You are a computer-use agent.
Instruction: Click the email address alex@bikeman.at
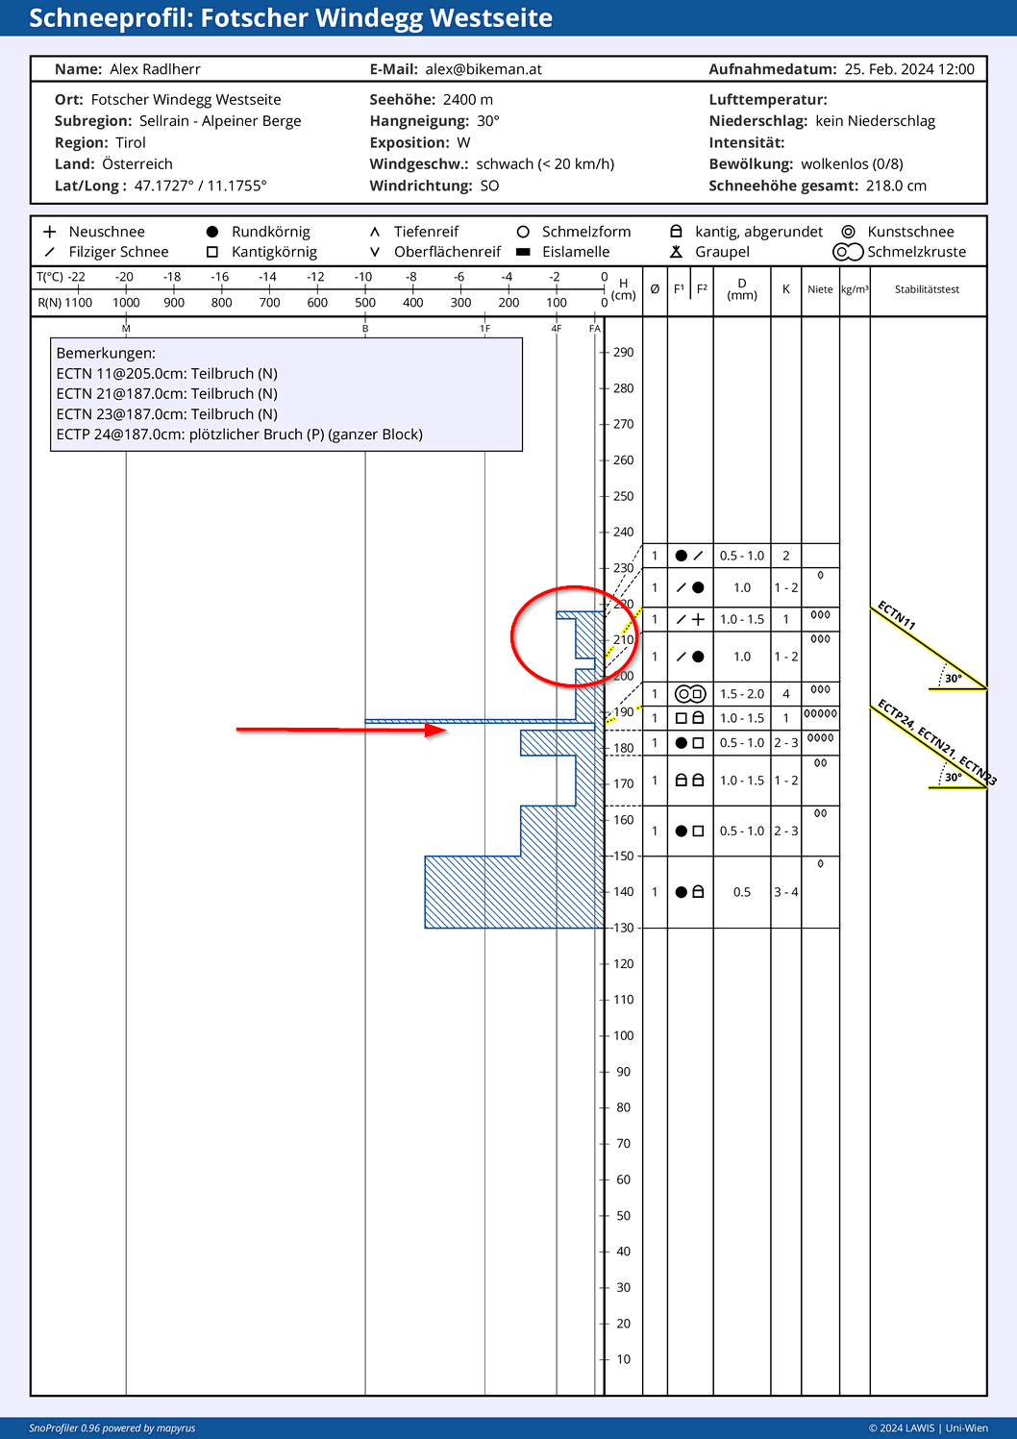[484, 69]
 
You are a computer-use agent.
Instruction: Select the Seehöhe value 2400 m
[468, 100]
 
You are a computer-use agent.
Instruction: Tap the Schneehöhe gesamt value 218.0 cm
[896, 186]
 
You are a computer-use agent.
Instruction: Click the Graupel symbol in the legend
[676, 252]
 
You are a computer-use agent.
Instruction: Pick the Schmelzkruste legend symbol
[848, 252]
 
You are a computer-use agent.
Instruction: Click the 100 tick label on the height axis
[623, 1035]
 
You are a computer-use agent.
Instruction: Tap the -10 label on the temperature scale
[363, 277]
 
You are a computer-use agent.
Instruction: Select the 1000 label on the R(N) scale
[126, 303]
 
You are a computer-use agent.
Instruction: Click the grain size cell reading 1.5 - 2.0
[742, 694]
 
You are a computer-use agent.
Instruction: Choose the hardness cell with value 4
[785, 694]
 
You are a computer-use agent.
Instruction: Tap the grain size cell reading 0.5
[742, 892]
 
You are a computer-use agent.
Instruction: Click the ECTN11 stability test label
[896, 615]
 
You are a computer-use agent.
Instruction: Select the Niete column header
[820, 289]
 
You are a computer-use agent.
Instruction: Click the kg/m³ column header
[855, 289]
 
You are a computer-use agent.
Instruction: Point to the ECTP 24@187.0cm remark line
[239, 434]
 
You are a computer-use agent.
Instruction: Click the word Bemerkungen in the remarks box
[106, 353]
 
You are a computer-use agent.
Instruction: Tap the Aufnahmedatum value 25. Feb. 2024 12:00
[909, 69]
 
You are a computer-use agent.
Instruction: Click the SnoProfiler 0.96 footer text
[112, 1428]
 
